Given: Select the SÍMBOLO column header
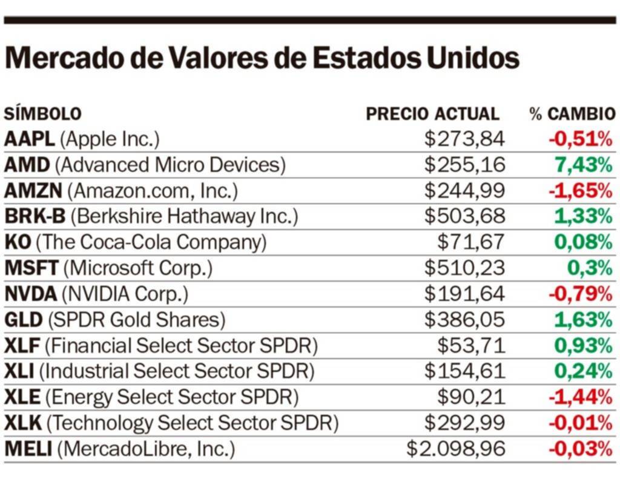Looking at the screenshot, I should pyautogui.click(x=42, y=114).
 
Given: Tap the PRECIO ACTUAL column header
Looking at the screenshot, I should pyautogui.click(x=432, y=114).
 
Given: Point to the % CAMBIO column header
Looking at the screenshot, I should pyautogui.click(x=572, y=114).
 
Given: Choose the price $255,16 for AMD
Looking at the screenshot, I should pyautogui.click(x=464, y=165).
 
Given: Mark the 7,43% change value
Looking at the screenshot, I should pyautogui.click(x=582, y=165).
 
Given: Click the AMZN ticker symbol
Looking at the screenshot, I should pyautogui.click(x=33, y=191).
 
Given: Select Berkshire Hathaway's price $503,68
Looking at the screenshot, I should pyautogui.click(x=464, y=217).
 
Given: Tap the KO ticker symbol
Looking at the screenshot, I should pyautogui.click(x=17, y=243).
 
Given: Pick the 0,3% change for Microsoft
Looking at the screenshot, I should pyautogui.click(x=590, y=268).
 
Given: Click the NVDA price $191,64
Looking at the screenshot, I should pyautogui.click(x=464, y=294).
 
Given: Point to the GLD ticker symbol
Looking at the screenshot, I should pyautogui.click(x=24, y=320).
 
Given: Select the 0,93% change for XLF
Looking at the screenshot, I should pyautogui.click(x=582, y=346).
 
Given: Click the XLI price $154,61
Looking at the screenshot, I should pyautogui.click(x=464, y=371).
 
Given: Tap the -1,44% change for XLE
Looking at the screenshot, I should pyautogui.click(x=580, y=397).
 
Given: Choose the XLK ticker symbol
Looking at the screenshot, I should pyautogui.click(x=22, y=423).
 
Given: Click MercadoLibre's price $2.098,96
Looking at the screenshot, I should pyautogui.click(x=455, y=449).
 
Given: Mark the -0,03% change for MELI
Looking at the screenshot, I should pyautogui.click(x=580, y=449).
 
